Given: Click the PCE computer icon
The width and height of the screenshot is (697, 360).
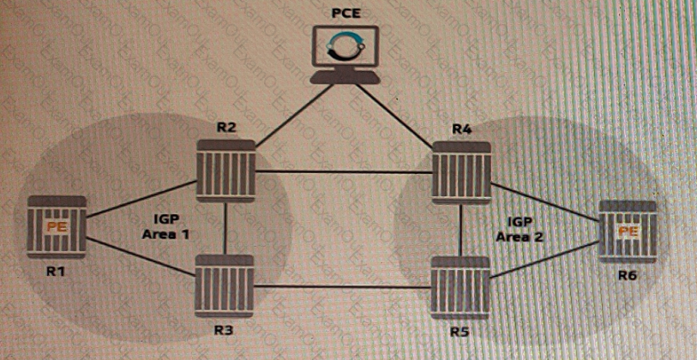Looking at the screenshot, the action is tap(345, 55).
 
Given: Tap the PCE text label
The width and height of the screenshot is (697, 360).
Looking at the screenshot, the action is tap(345, 13).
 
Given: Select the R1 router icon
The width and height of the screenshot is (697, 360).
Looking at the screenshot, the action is tap(57, 227).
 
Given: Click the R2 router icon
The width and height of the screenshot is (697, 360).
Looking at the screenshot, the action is tap(226, 171).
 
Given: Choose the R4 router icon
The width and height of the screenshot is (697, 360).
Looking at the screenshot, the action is tap(462, 172).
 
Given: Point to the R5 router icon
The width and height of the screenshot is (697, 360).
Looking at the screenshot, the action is tap(460, 288).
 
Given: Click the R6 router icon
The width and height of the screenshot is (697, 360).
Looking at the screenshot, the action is tap(628, 231).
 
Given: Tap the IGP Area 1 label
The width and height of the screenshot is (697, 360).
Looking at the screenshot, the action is tap(165, 226).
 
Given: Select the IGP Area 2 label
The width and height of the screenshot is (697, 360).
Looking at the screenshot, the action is tap(520, 229).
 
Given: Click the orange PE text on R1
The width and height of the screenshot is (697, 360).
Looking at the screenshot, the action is tap(57, 226).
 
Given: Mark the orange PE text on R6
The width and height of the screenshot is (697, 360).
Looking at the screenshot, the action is tap(628, 231).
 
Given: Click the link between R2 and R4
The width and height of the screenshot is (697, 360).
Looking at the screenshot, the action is tap(344, 171).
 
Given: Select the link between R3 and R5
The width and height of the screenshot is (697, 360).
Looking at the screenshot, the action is tap(342, 286).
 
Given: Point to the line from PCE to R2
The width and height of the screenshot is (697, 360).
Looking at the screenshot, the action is tap(295, 115).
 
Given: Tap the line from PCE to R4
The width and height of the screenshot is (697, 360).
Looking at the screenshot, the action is tap(394, 117).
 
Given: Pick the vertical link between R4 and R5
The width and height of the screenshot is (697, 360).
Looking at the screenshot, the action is tap(461, 231).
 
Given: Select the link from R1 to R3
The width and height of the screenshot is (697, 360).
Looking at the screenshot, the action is tap(141, 257).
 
